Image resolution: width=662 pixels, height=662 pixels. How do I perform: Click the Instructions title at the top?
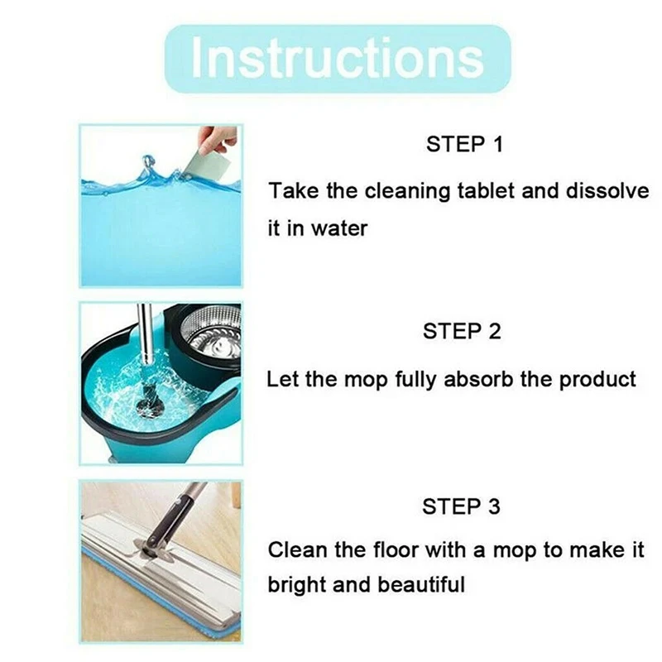click(x=337, y=57)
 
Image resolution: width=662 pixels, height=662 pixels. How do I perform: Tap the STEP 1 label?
click(x=464, y=145)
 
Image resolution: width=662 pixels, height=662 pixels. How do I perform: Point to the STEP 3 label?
click(x=463, y=506)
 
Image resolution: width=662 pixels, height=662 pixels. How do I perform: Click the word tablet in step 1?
click(x=487, y=191)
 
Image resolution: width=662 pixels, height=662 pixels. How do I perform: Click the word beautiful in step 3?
click(x=421, y=585)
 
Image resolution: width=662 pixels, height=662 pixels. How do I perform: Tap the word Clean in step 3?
click(x=293, y=550)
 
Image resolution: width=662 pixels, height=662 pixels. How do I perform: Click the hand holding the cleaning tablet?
click(x=220, y=137)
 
